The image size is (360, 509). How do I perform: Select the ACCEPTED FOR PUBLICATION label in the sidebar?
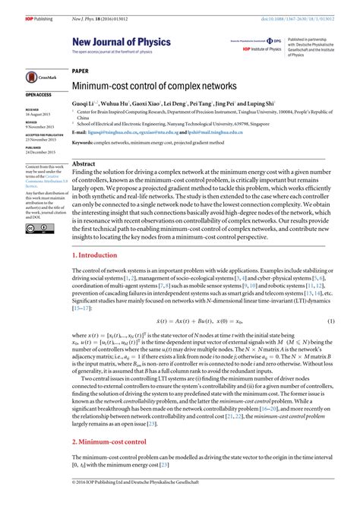(45, 136)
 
